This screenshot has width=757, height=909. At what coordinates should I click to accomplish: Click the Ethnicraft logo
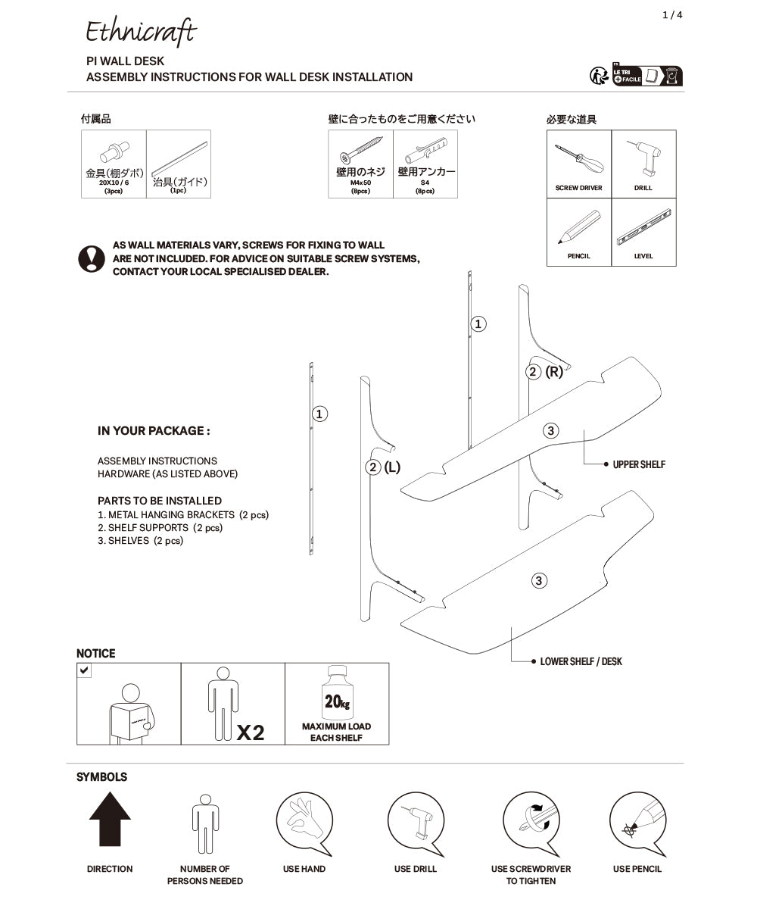coord(141,32)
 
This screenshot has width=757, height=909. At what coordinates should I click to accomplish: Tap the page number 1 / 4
coord(672,15)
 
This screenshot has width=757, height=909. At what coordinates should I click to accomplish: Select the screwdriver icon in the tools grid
coord(578,159)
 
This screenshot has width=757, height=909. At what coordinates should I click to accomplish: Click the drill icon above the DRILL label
coord(643,158)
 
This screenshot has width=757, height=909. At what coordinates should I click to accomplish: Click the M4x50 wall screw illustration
coord(360,151)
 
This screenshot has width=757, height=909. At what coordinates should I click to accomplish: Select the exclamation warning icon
coord(92,258)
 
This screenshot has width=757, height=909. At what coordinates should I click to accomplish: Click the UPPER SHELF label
coord(639,464)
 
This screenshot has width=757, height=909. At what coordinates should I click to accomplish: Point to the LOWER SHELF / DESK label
coord(581,661)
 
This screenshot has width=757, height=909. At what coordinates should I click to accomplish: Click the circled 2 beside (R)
coord(534,372)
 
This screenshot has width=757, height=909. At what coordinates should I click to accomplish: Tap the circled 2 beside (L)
coord(373,467)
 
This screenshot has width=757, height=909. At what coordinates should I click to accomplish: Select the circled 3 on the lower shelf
coord(538,581)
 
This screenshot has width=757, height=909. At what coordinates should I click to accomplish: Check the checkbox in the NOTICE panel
coord(84,670)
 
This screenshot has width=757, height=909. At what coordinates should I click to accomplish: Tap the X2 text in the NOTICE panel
coord(251,733)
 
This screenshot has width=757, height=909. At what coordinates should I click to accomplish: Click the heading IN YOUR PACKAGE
coord(154,431)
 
